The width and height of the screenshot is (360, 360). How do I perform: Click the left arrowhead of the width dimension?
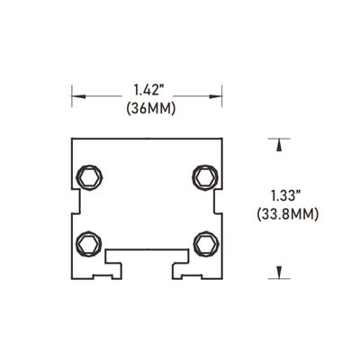77,93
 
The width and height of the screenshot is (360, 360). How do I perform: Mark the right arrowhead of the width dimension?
216,93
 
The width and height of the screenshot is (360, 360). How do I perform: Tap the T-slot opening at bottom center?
147,259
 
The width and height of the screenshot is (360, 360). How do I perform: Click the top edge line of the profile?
147,139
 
